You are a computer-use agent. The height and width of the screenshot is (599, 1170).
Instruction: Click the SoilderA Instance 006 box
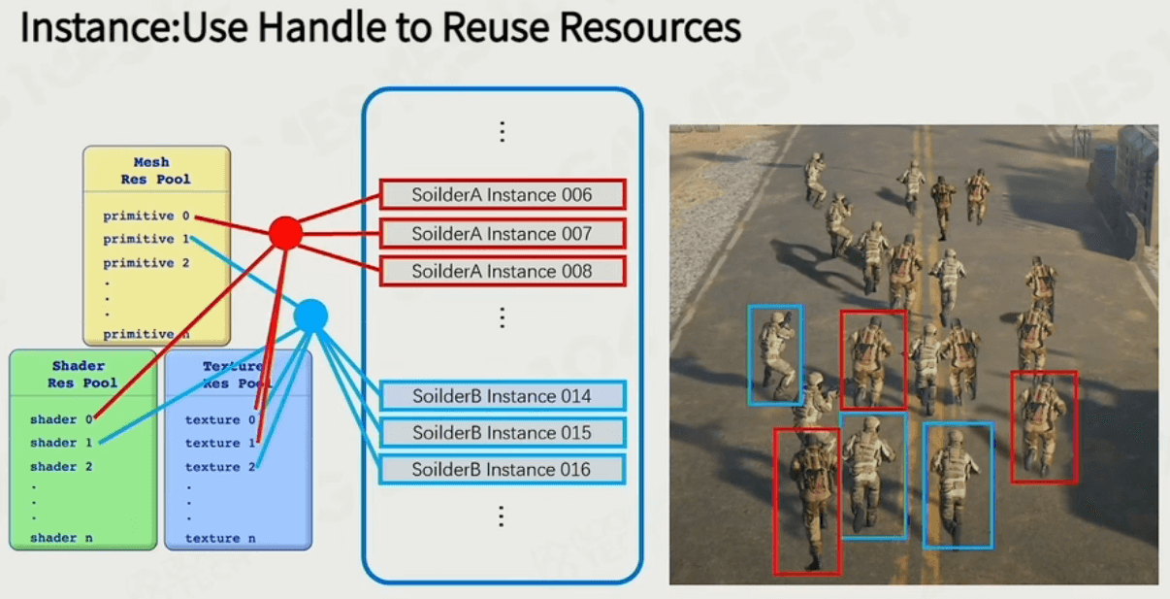[503, 194]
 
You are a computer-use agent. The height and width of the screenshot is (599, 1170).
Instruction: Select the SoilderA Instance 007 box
[503, 234]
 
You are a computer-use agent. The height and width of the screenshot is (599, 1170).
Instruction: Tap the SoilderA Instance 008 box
[503, 271]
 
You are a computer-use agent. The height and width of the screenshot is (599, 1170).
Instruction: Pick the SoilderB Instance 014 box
[503, 396]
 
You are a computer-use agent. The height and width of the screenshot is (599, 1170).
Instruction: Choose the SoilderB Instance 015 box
[503, 432]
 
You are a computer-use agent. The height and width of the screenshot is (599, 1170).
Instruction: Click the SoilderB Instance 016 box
[503, 469]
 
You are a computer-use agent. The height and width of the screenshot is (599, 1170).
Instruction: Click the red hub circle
[286, 233]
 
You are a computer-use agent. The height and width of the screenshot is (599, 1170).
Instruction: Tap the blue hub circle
[310, 316]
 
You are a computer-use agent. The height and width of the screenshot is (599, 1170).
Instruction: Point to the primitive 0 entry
[146, 216]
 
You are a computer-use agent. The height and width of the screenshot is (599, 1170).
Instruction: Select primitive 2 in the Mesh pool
[146, 262]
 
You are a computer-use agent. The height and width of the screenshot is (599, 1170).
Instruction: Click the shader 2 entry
[61, 466]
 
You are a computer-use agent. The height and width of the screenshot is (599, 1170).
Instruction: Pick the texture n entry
[220, 538]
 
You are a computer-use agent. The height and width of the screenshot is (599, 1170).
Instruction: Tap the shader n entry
[61, 537]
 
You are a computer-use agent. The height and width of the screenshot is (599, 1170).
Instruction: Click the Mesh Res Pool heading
[155, 171]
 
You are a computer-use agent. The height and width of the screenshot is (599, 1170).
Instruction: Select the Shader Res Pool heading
[82, 374]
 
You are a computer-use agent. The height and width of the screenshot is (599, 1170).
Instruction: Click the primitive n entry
[146, 334]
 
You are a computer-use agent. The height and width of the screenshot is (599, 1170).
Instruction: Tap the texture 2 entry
[220, 466]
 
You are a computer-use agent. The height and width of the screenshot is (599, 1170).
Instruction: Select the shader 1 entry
[61, 443]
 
